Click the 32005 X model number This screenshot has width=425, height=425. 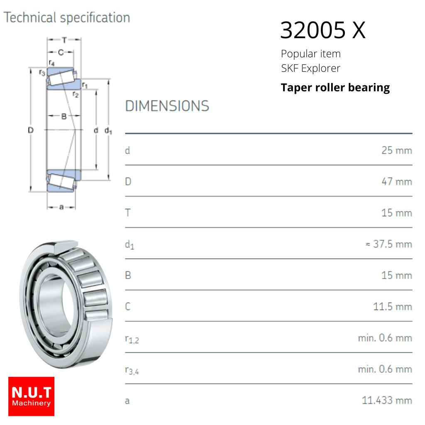pos(323,30)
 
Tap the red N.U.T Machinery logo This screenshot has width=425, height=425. pos(31,396)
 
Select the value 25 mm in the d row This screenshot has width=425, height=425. pos(397,150)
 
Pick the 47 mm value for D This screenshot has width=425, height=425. pos(397,181)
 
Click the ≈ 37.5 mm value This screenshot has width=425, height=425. pos(389,244)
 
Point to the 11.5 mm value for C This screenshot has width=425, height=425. pos(393,307)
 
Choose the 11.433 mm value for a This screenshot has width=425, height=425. pos(387,400)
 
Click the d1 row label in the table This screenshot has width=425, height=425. pos(129,245)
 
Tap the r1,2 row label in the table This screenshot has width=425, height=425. pos(132,339)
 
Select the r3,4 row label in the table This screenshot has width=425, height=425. pos(132,370)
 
